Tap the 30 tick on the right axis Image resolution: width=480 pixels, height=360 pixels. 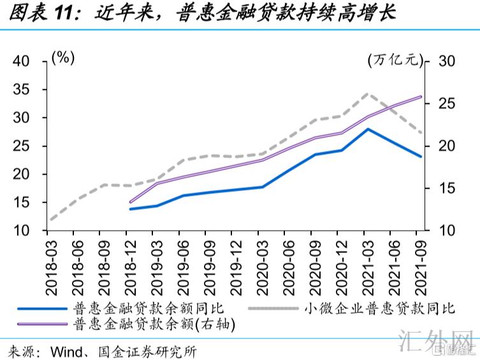pyautogui.click(x=446, y=61)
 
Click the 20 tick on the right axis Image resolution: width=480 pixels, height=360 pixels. pyautogui.click(x=446, y=146)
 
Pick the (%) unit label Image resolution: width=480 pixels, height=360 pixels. pyautogui.click(x=63, y=57)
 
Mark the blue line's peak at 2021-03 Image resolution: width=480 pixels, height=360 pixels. pyautogui.click(x=368, y=129)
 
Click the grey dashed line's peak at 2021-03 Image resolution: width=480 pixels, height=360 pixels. pyautogui.click(x=368, y=93)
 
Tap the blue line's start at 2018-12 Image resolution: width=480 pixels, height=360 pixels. pyautogui.click(x=130, y=209)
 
